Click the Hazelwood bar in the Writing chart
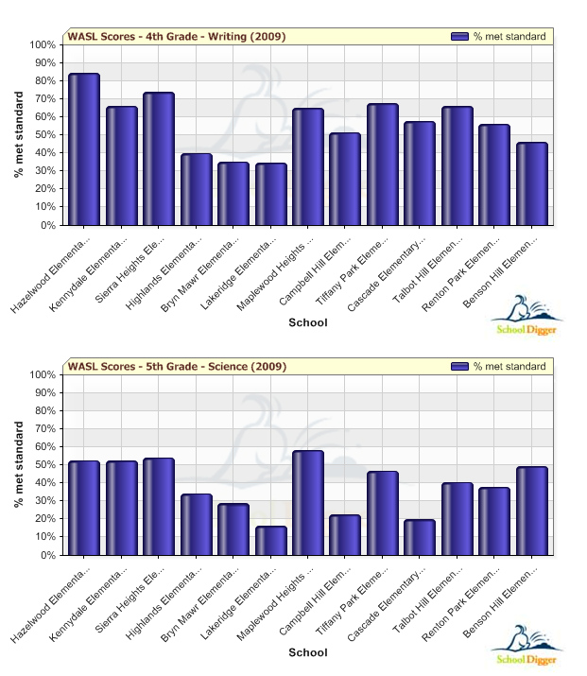coord(84,149)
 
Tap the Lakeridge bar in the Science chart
coord(270,541)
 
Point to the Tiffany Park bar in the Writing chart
coord(383,165)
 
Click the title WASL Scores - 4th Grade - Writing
coord(177,37)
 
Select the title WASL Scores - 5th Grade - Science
coord(176,367)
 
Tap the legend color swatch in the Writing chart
coord(460,37)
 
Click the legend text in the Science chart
coord(509,367)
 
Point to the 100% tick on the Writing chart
coord(43,45)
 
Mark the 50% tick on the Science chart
coord(43,465)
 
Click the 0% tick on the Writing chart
coord(47,226)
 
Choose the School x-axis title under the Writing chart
coord(308,322)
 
